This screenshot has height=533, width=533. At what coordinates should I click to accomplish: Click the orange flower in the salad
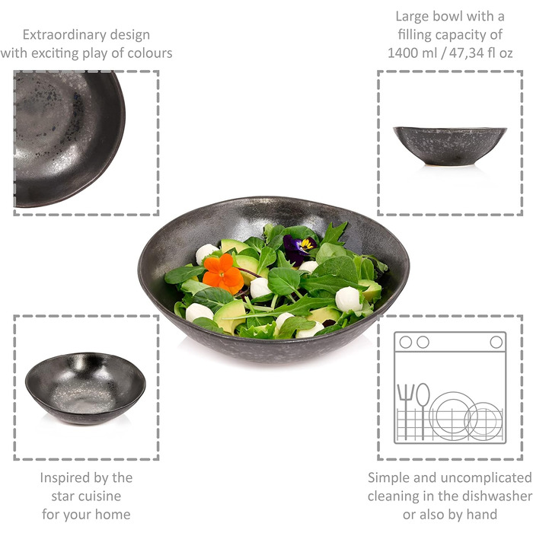tap(223, 273)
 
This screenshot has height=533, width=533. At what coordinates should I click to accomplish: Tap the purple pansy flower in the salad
tap(298, 250)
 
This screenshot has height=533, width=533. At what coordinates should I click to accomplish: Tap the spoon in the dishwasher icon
tap(423, 410)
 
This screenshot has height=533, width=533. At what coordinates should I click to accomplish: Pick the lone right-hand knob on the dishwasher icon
tap(496, 342)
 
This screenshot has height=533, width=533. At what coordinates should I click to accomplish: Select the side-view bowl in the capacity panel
tap(450, 146)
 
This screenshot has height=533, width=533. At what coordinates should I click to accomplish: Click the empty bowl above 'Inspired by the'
tap(85, 388)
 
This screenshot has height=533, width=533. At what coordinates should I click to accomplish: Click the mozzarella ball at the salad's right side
tap(349, 299)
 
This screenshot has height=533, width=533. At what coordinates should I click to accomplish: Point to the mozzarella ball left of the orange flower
tap(206, 254)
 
